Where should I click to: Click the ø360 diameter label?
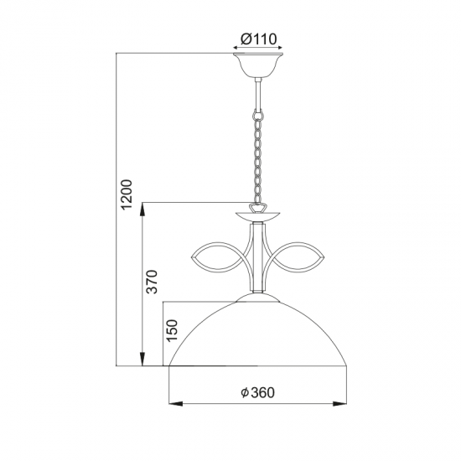coord(258,391)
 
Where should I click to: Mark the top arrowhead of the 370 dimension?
coord(143,206)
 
